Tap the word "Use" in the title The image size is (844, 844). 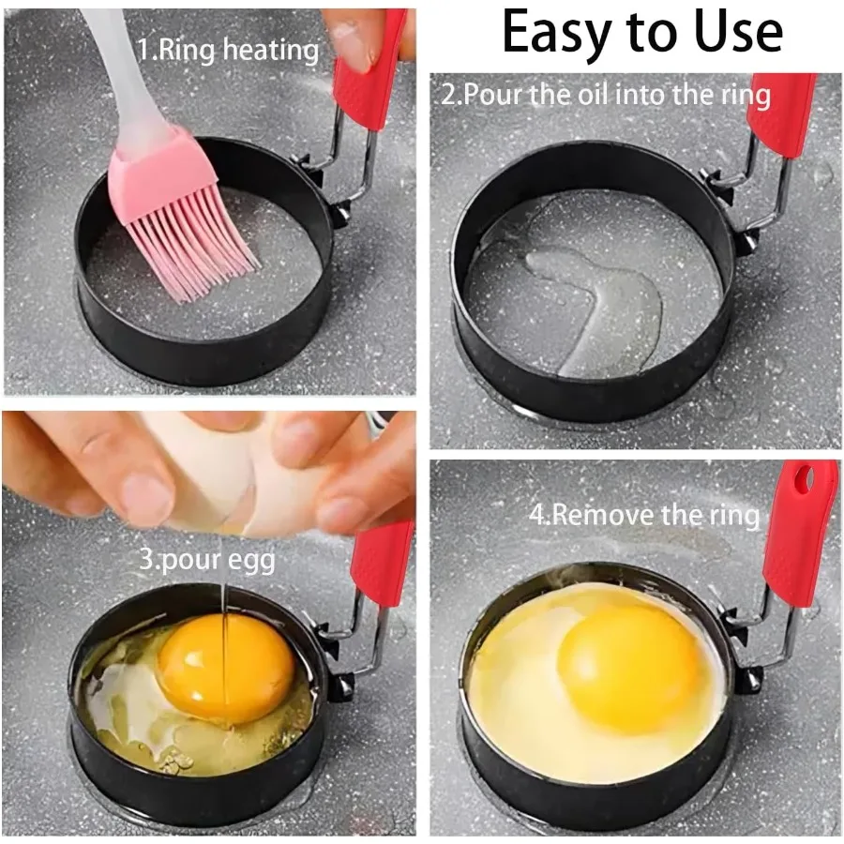click(734, 33)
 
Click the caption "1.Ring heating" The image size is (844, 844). click(228, 49)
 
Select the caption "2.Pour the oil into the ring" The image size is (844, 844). click(606, 94)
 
